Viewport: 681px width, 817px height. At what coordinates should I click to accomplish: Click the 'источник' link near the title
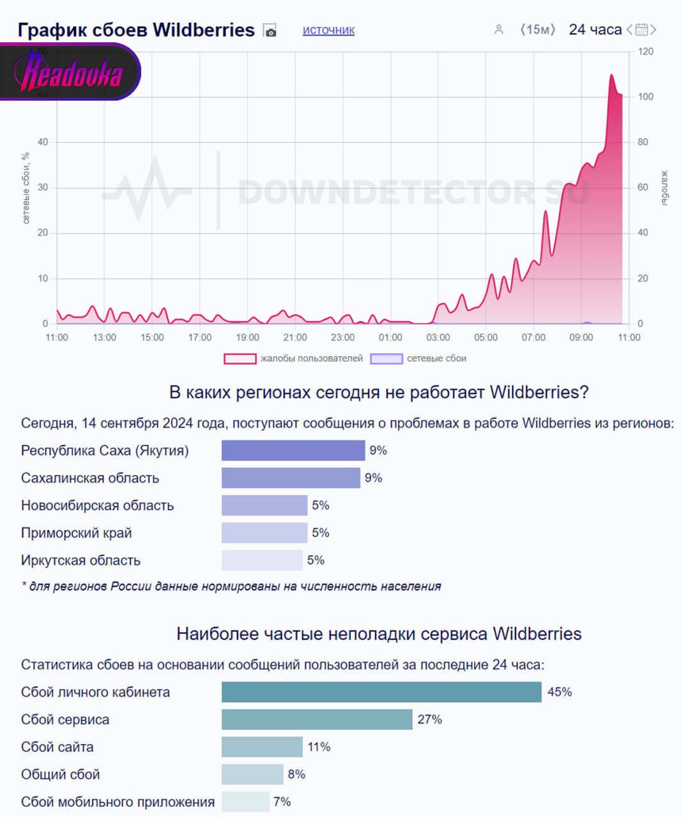tap(328, 30)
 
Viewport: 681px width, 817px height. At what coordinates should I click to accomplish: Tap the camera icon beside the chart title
tap(271, 31)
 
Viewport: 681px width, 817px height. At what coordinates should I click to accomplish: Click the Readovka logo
tap(70, 72)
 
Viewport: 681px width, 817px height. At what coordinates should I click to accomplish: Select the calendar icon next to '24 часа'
tap(641, 29)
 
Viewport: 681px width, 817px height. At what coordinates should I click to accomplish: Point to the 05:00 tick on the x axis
tap(486, 337)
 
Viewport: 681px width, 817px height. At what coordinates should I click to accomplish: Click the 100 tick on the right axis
tap(645, 96)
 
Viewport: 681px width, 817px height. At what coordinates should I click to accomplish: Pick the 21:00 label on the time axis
tap(295, 337)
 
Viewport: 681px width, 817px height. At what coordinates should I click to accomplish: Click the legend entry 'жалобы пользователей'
tap(294, 359)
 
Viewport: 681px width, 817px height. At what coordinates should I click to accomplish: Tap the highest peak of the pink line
tap(611, 75)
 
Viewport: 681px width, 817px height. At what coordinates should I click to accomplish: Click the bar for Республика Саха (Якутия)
tap(293, 451)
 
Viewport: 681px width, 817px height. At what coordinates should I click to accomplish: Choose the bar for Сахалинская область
tap(291, 478)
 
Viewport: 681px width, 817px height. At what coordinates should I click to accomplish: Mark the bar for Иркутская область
tap(262, 560)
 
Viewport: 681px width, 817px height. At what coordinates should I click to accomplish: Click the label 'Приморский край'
tap(76, 533)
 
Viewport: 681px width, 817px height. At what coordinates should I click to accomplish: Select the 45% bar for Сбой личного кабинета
tap(381, 692)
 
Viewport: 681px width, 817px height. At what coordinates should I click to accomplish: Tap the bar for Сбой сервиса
tap(317, 719)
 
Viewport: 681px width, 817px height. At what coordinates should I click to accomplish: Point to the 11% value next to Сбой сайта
tap(319, 747)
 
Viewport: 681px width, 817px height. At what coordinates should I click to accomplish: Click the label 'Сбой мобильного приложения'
tap(118, 802)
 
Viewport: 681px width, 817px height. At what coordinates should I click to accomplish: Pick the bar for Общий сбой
tap(252, 774)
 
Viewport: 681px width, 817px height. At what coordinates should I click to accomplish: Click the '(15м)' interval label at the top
tap(537, 30)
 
